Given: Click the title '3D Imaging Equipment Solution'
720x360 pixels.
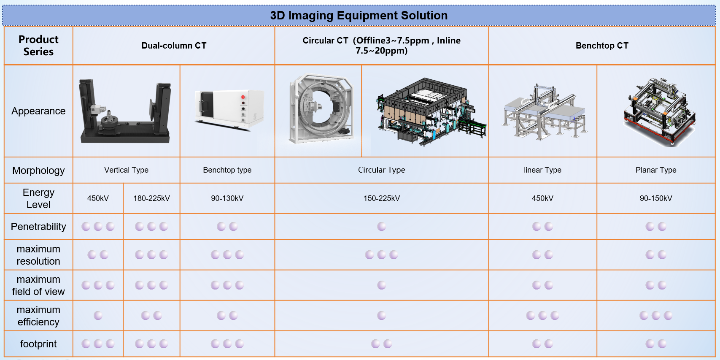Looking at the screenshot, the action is (x=359, y=16).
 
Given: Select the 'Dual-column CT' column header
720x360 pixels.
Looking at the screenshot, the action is (x=174, y=46).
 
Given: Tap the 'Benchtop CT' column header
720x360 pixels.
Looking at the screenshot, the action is (x=602, y=46).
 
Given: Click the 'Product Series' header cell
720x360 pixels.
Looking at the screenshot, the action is (x=38, y=45).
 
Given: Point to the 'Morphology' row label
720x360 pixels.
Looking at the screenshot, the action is (x=38, y=170).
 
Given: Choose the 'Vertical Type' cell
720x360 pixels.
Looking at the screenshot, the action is (x=126, y=170).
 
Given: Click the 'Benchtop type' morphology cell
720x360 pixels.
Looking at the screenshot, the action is (x=227, y=170).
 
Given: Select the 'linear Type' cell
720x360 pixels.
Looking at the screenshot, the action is (x=542, y=170).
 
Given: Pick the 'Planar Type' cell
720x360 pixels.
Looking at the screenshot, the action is (x=656, y=170).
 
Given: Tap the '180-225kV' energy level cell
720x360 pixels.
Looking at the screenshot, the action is (x=151, y=198).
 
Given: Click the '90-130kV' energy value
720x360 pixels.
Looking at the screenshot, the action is (x=227, y=198).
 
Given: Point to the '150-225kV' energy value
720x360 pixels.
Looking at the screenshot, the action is (x=382, y=198).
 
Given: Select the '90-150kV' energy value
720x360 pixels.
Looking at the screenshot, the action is (x=656, y=198).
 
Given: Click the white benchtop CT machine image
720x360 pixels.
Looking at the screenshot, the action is (x=229, y=109).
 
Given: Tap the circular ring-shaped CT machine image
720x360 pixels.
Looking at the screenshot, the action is (x=321, y=108).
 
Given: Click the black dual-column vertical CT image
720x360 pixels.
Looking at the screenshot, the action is (x=125, y=111).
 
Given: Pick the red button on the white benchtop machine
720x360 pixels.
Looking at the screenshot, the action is (x=243, y=97).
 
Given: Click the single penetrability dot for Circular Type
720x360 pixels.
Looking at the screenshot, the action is (x=382, y=227).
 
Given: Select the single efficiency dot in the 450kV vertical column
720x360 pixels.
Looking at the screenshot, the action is (x=98, y=315).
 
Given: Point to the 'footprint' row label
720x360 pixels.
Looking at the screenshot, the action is (x=38, y=344).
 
